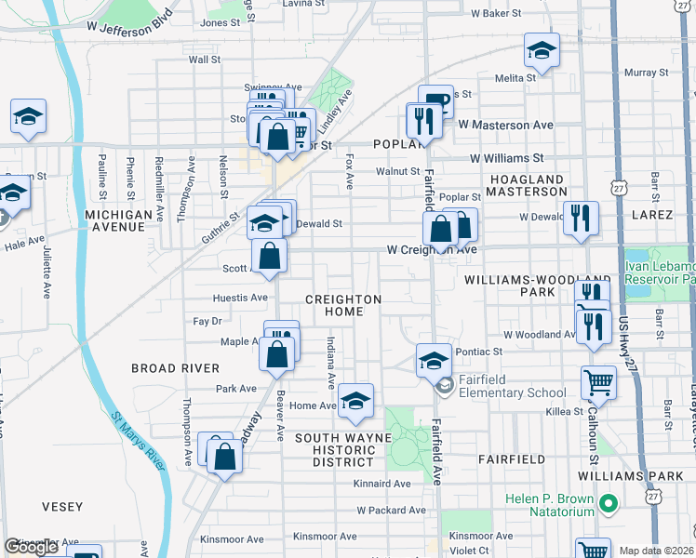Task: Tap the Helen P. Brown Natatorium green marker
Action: [x=609, y=505]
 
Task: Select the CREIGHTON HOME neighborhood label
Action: [x=343, y=305]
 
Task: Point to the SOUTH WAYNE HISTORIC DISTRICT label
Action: [x=336, y=449]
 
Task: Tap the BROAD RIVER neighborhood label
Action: [x=175, y=368]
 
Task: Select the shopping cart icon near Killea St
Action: [x=598, y=381]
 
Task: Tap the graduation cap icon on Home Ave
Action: [x=355, y=401]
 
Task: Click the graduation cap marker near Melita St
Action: [x=541, y=51]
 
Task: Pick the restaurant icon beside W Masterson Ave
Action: [x=422, y=121]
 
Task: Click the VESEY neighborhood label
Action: [x=62, y=507]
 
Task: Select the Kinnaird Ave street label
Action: [x=381, y=484]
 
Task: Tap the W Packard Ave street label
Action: [x=390, y=511]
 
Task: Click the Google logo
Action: [x=32, y=547]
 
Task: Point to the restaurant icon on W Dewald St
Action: [x=581, y=219]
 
